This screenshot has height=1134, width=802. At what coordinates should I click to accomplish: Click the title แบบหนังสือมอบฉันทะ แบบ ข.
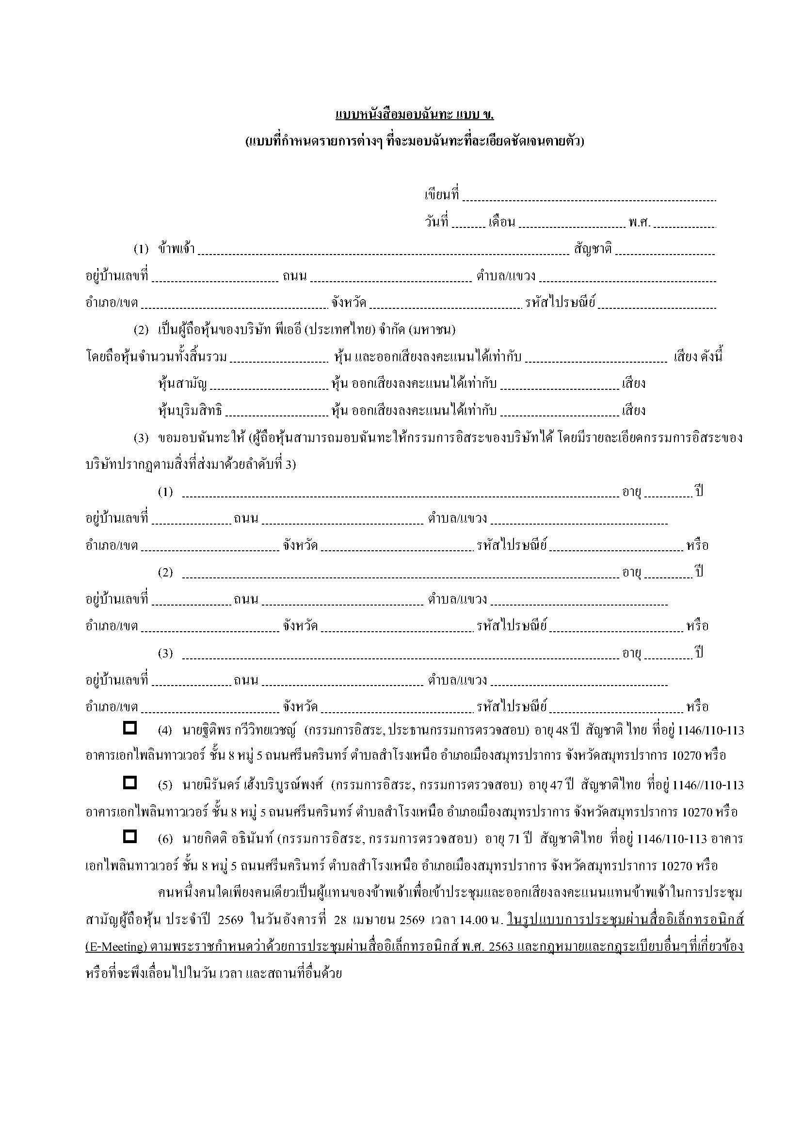(x=414, y=115)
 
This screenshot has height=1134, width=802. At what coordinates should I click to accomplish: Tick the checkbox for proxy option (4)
(x=129, y=728)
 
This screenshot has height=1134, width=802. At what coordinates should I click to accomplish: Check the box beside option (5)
(x=129, y=782)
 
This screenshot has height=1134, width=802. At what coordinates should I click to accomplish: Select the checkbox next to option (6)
(x=129, y=836)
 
